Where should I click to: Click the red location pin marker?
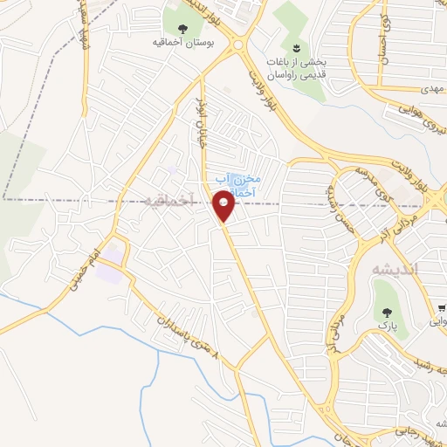pyautogui.click(x=223, y=207)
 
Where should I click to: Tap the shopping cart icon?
pyautogui.click(x=443, y=308)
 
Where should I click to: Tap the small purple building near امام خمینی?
pyautogui.click(x=111, y=273)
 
